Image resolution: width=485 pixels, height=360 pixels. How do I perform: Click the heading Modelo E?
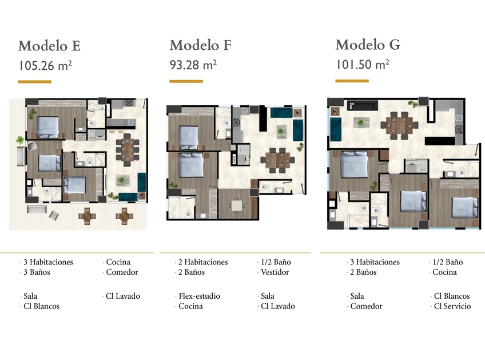[50, 46]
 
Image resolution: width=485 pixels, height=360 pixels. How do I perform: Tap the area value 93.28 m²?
[193, 65]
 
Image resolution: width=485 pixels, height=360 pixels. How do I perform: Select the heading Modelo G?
[368, 45]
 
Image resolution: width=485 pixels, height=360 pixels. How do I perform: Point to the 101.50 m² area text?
[363, 64]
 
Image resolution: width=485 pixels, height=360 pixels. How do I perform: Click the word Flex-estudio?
[199, 296]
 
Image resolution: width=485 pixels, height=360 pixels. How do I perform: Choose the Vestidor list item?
[275, 272]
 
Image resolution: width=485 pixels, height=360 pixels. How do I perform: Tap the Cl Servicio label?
[452, 306]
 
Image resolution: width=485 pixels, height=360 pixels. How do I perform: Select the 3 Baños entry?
[37, 272]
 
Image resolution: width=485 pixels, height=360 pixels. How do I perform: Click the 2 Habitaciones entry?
[203, 262]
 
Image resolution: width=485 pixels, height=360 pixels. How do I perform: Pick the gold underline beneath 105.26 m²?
[35, 82]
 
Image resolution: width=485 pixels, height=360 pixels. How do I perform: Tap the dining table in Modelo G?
[399, 125]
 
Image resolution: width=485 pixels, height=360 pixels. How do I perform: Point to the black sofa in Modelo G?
[362, 105]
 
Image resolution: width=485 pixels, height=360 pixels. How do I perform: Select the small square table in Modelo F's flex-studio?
[237, 205]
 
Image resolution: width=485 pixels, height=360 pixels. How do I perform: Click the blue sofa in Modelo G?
[336, 129]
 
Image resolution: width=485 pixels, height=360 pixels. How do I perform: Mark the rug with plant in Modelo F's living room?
[281, 132]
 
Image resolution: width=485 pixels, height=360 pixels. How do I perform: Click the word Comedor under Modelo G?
[366, 306]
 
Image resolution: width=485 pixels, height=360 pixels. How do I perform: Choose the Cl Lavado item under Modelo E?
[123, 296]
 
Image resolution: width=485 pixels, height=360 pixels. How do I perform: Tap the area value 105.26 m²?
[45, 66]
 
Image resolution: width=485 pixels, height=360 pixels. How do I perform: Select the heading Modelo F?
[200, 45]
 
